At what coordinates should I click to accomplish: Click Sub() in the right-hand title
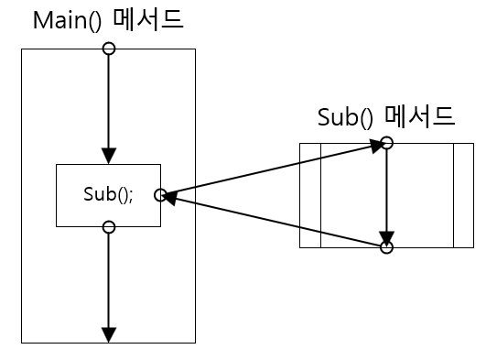pos(348,116)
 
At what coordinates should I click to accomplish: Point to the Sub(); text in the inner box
pos(108,195)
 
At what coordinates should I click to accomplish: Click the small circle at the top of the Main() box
pos(109,49)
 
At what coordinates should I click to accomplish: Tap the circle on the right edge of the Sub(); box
pos(160,194)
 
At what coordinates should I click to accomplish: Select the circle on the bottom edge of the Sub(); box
pos(109,226)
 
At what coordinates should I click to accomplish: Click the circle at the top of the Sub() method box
pos(386,143)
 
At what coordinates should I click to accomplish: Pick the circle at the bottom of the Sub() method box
pos(386,247)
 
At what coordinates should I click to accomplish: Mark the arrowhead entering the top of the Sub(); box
pos(109,157)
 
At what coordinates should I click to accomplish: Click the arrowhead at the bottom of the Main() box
pos(109,334)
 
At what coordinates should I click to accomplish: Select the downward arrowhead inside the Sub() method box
pos(386,235)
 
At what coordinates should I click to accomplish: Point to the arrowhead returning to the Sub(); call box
pos(170,196)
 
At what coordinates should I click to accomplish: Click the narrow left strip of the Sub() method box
pos(310,195)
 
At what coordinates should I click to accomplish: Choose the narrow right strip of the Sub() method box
pos(463,195)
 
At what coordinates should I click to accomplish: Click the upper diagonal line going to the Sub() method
pos(275,169)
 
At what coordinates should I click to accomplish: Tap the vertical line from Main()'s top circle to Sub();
pos(109,101)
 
